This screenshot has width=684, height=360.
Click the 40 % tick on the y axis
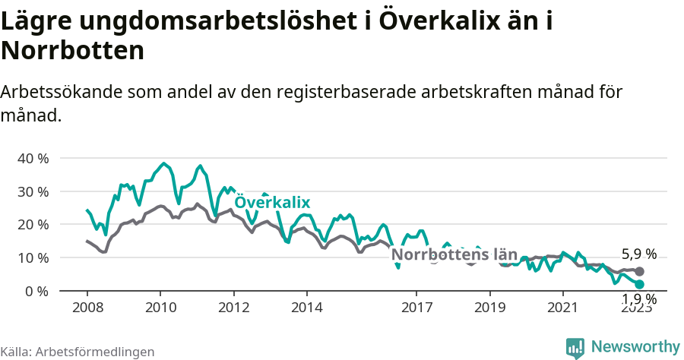point(33,159)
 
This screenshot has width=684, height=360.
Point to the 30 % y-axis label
point(33,191)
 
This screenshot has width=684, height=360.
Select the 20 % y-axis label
point(33,225)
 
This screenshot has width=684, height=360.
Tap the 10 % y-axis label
point(33,258)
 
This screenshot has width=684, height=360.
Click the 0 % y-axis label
point(36,291)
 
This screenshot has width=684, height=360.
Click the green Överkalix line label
point(272,202)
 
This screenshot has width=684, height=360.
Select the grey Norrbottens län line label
point(454,254)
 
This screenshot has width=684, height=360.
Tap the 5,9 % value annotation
point(638,254)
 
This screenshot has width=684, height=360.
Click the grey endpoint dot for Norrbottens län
point(639,271)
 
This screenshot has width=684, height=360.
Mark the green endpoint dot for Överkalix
point(639,284)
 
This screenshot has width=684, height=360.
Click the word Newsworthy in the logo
point(635,346)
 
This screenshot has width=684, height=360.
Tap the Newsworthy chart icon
point(575,347)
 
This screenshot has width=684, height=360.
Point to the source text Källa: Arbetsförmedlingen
point(78,352)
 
